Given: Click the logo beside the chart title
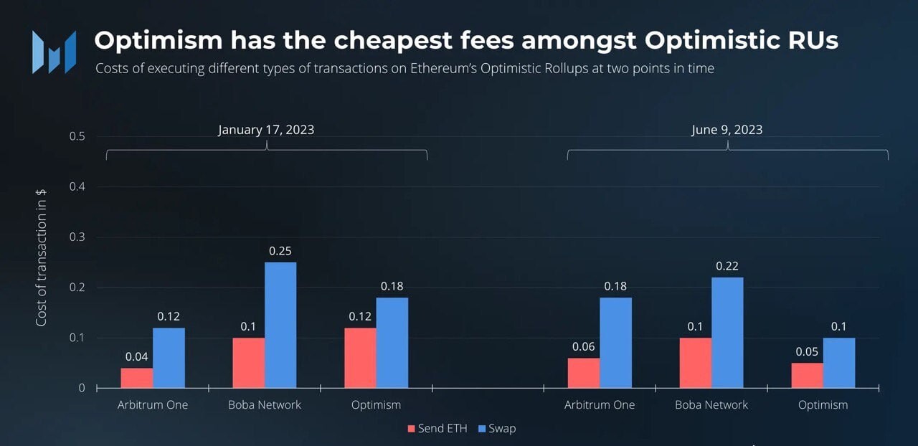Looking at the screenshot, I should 54,52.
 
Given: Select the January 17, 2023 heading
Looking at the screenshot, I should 266,130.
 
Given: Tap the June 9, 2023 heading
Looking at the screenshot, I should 727,130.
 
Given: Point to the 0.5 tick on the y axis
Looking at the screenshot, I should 77,136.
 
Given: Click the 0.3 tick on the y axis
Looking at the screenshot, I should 77,237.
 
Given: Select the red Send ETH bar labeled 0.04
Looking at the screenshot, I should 137,378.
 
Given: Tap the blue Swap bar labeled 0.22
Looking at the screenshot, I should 727,333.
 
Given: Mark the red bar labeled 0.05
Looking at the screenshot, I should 807,375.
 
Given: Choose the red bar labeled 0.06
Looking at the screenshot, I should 584,373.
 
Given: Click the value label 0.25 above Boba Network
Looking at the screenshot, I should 280,251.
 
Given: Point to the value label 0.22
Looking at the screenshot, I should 727,266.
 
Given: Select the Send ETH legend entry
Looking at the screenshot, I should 437,429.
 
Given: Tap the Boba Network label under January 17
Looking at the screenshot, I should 265,405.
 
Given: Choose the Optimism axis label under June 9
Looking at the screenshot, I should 823,405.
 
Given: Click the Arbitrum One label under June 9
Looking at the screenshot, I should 600,405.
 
